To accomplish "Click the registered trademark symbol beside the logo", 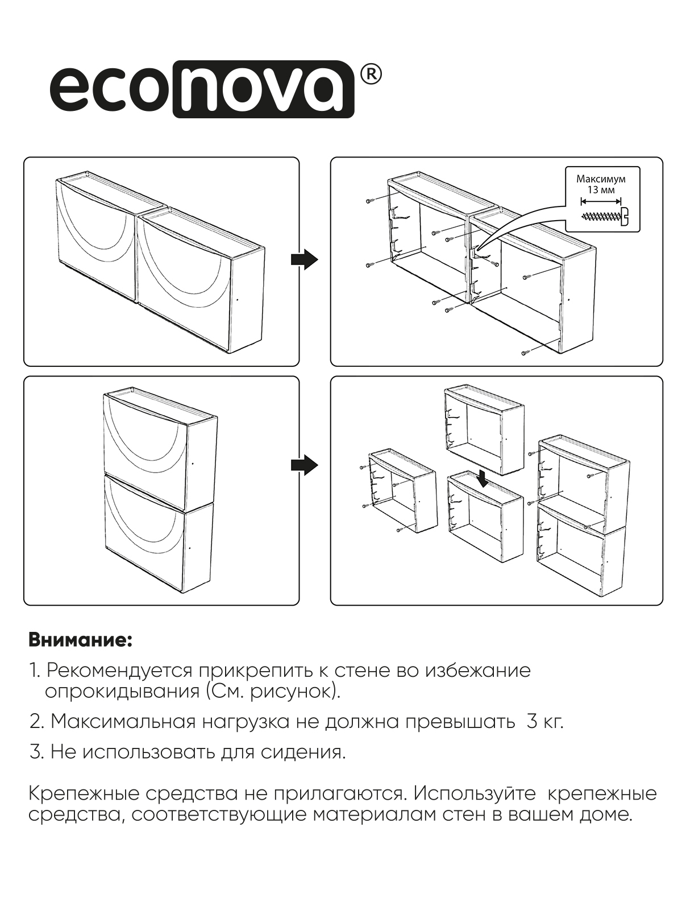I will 370,76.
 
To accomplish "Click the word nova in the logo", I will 263,89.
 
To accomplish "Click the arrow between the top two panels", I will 304,259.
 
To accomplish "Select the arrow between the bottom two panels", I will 304,465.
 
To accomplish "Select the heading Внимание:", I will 80,640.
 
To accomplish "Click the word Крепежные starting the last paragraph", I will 79,793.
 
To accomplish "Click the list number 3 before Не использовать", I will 36,752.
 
